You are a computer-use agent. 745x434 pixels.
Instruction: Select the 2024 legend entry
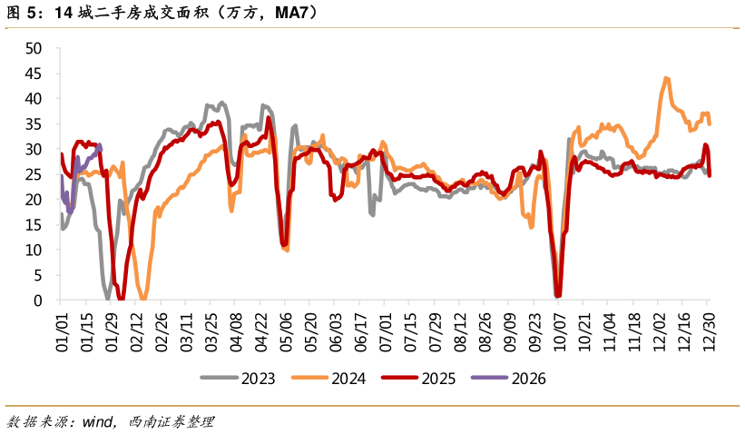tap(328, 378)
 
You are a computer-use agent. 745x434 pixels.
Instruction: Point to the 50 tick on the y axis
tap(34, 47)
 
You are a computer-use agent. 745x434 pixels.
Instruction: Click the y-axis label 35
tap(34, 123)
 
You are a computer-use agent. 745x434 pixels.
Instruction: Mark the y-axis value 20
tap(34, 199)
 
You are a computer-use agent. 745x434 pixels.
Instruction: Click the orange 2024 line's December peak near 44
tap(667, 79)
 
